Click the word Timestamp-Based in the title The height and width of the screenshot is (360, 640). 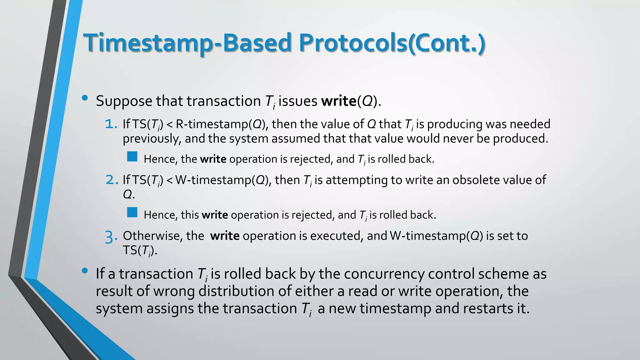(x=187, y=43)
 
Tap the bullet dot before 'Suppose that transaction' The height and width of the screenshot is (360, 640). (x=84, y=98)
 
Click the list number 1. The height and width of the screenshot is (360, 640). (x=111, y=124)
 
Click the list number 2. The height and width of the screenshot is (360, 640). (x=112, y=180)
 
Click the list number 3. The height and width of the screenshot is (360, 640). (x=111, y=237)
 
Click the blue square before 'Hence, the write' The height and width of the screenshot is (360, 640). (x=132, y=157)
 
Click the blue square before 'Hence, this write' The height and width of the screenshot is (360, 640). (x=132, y=212)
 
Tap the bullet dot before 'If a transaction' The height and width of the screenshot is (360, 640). (x=84, y=271)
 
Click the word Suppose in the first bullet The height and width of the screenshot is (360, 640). (x=124, y=101)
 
